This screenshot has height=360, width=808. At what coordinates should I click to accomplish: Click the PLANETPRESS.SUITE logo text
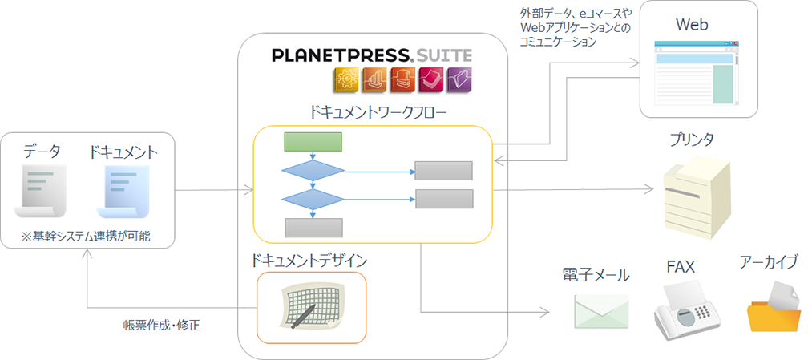371,55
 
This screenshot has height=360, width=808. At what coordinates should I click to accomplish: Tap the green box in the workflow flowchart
313,142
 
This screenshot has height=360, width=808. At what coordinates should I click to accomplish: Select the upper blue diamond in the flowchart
313,171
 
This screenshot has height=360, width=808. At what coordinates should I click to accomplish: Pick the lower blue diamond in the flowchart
313,199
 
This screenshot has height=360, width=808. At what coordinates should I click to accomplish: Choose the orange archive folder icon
773,308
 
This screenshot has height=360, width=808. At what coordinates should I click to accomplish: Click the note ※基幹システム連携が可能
87,236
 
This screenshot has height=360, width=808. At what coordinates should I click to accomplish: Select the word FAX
680,265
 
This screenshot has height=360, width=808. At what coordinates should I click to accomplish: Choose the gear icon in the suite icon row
347,79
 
